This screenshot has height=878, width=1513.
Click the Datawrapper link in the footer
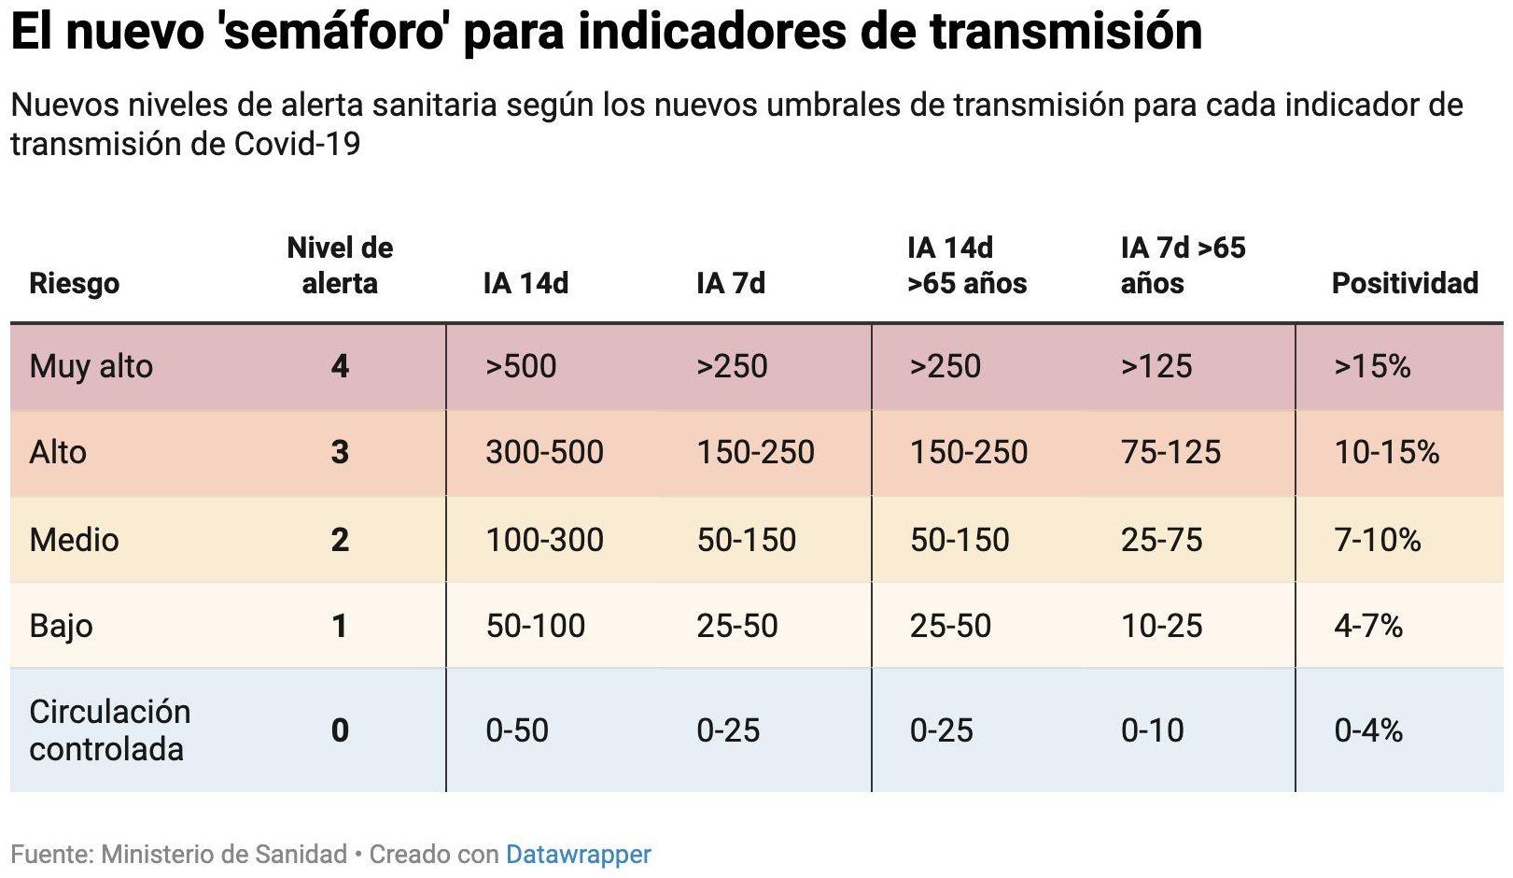(x=578, y=854)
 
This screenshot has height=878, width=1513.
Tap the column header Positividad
(x=1404, y=283)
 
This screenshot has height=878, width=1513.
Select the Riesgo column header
(x=74, y=283)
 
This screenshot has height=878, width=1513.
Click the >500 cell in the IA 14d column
(x=520, y=366)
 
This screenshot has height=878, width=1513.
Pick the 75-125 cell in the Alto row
(x=1170, y=452)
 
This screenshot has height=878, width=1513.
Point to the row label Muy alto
(x=91, y=366)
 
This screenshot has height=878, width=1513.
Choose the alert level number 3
(x=340, y=452)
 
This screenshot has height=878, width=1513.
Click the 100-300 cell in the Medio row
(x=544, y=540)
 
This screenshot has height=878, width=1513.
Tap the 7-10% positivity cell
(x=1377, y=540)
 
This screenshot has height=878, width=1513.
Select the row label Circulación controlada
(x=109, y=729)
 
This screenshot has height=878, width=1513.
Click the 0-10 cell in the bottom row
(x=1152, y=729)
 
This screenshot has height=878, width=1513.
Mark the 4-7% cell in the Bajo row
(x=1367, y=626)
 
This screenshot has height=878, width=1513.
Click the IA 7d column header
(x=730, y=283)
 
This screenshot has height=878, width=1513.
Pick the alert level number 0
(x=340, y=729)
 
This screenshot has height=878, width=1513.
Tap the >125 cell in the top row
(x=1156, y=366)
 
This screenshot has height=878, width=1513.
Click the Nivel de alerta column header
(x=340, y=265)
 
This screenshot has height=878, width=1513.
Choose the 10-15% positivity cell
(x=1386, y=452)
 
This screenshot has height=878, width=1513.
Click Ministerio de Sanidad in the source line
(x=224, y=854)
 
